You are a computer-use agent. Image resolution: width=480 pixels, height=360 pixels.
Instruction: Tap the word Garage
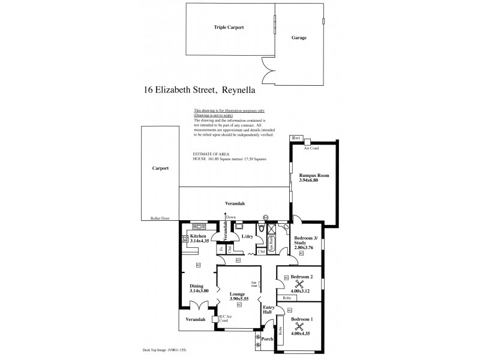pyautogui.click(x=299, y=38)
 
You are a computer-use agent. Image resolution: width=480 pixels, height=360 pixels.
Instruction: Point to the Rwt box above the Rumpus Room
pyautogui.click(x=295, y=138)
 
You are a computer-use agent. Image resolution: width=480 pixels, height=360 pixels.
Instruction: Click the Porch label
pyautogui.click(x=268, y=339)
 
